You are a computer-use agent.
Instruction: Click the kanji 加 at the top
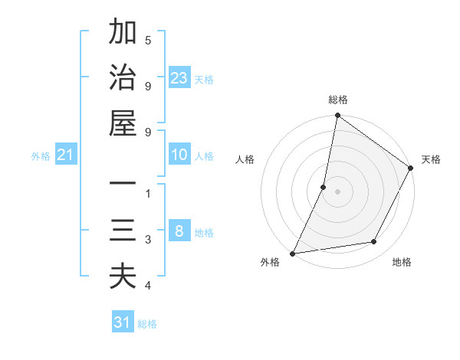(x=123, y=33)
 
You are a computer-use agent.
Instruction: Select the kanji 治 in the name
(x=123, y=78)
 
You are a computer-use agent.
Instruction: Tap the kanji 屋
(x=123, y=123)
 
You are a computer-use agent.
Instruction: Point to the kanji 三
(x=123, y=231)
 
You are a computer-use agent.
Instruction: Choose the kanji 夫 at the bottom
(x=123, y=276)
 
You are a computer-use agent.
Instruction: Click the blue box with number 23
(x=179, y=78)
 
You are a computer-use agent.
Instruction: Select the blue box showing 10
(x=179, y=155)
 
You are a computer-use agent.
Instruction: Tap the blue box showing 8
(x=179, y=232)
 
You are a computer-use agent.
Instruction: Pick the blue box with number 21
(x=66, y=155)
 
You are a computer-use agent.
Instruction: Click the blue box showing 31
(x=123, y=322)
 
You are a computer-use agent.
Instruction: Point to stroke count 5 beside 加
(x=147, y=40)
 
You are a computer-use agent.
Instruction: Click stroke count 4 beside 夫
(x=147, y=286)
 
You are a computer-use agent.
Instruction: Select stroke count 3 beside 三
(x=147, y=240)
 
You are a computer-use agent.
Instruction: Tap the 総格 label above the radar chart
(x=338, y=100)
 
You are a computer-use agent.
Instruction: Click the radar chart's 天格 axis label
(x=431, y=159)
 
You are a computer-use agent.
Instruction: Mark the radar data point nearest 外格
(x=293, y=253)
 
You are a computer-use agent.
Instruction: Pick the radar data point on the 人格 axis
(x=324, y=186)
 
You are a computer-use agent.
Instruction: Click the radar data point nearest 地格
(x=374, y=242)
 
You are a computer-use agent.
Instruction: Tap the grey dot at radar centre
(x=338, y=191)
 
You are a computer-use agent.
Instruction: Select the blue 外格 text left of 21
(x=41, y=156)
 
